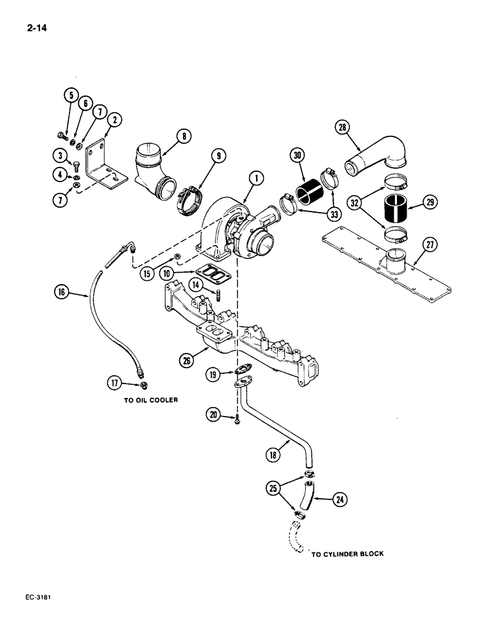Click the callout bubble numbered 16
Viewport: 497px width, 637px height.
click(x=62, y=293)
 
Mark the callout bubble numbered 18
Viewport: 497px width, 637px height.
click(x=272, y=455)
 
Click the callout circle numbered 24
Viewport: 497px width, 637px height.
click(x=341, y=500)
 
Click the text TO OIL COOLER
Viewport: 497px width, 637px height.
click(x=150, y=402)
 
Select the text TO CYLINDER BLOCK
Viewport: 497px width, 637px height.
click(x=347, y=554)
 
